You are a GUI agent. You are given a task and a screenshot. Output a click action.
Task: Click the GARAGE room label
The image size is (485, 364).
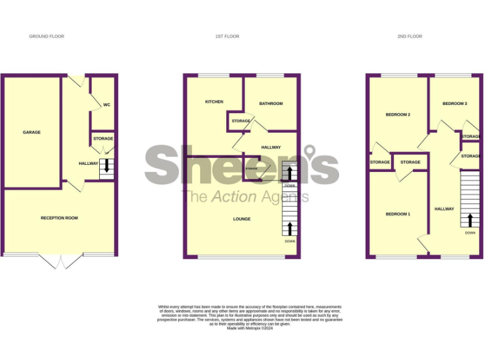click(x=32, y=132)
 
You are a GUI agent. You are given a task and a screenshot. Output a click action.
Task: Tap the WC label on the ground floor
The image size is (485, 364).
click(x=107, y=104)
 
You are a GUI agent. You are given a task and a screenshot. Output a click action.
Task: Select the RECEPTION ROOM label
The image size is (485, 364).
click(x=59, y=218)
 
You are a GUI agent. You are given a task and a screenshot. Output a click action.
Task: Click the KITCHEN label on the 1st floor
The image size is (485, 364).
click(x=214, y=102)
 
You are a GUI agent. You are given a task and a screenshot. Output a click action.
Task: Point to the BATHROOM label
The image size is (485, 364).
click(x=271, y=104)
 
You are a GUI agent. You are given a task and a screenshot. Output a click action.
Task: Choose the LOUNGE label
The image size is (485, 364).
click(x=241, y=219)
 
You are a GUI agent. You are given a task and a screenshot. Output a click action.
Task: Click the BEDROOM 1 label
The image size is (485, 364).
click(x=398, y=214)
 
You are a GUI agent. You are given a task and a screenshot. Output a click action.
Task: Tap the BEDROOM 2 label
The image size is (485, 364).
click(x=398, y=114)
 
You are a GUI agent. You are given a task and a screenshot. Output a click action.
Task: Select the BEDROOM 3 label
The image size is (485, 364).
click(x=455, y=103)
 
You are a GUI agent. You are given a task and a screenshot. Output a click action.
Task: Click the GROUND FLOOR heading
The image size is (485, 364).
click(x=47, y=37)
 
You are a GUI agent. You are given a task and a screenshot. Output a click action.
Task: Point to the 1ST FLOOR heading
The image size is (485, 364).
click(x=227, y=37)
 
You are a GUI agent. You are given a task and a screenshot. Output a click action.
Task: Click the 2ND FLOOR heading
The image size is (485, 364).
click(x=410, y=37)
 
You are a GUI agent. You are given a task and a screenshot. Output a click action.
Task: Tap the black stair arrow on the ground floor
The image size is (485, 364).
click(x=107, y=166)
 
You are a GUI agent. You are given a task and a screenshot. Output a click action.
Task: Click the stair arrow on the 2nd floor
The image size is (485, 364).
click(x=470, y=220)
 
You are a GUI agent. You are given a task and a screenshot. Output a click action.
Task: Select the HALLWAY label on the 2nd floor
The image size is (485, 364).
click(x=444, y=209)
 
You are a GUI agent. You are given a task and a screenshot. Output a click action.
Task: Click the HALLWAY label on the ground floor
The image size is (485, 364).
click(x=88, y=164)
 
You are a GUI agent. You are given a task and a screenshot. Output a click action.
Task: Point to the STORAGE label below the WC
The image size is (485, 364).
click(x=103, y=138)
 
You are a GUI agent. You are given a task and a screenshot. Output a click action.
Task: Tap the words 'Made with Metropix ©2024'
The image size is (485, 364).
click(x=249, y=328)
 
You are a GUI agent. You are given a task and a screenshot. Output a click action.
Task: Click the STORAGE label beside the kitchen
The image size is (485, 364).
click(x=241, y=121)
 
